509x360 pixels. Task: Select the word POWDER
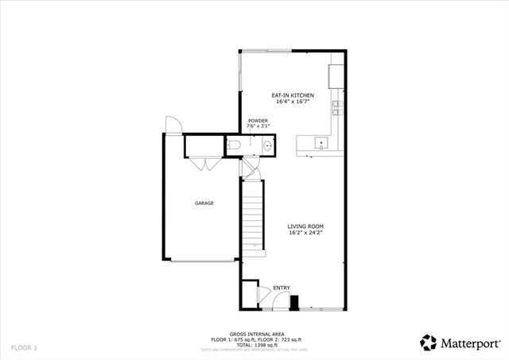click(x=258, y=121)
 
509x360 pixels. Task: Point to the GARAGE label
click(x=204, y=203)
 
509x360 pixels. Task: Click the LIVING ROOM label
click(x=305, y=226)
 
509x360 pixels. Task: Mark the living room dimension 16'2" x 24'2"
click(x=305, y=234)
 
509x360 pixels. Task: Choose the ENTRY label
click(x=282, y=288)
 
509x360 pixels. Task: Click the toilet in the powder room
click(x=232, y=145)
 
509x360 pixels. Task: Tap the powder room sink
click(x=268, y=146)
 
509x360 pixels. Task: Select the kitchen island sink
click(x=321, y=145)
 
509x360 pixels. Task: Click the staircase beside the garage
click(x=253, y=214)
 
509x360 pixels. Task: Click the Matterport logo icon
click(x=429, y=342)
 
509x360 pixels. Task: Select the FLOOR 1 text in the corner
click(x=24, y=348)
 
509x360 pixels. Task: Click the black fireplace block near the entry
click(x=294, y=303)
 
